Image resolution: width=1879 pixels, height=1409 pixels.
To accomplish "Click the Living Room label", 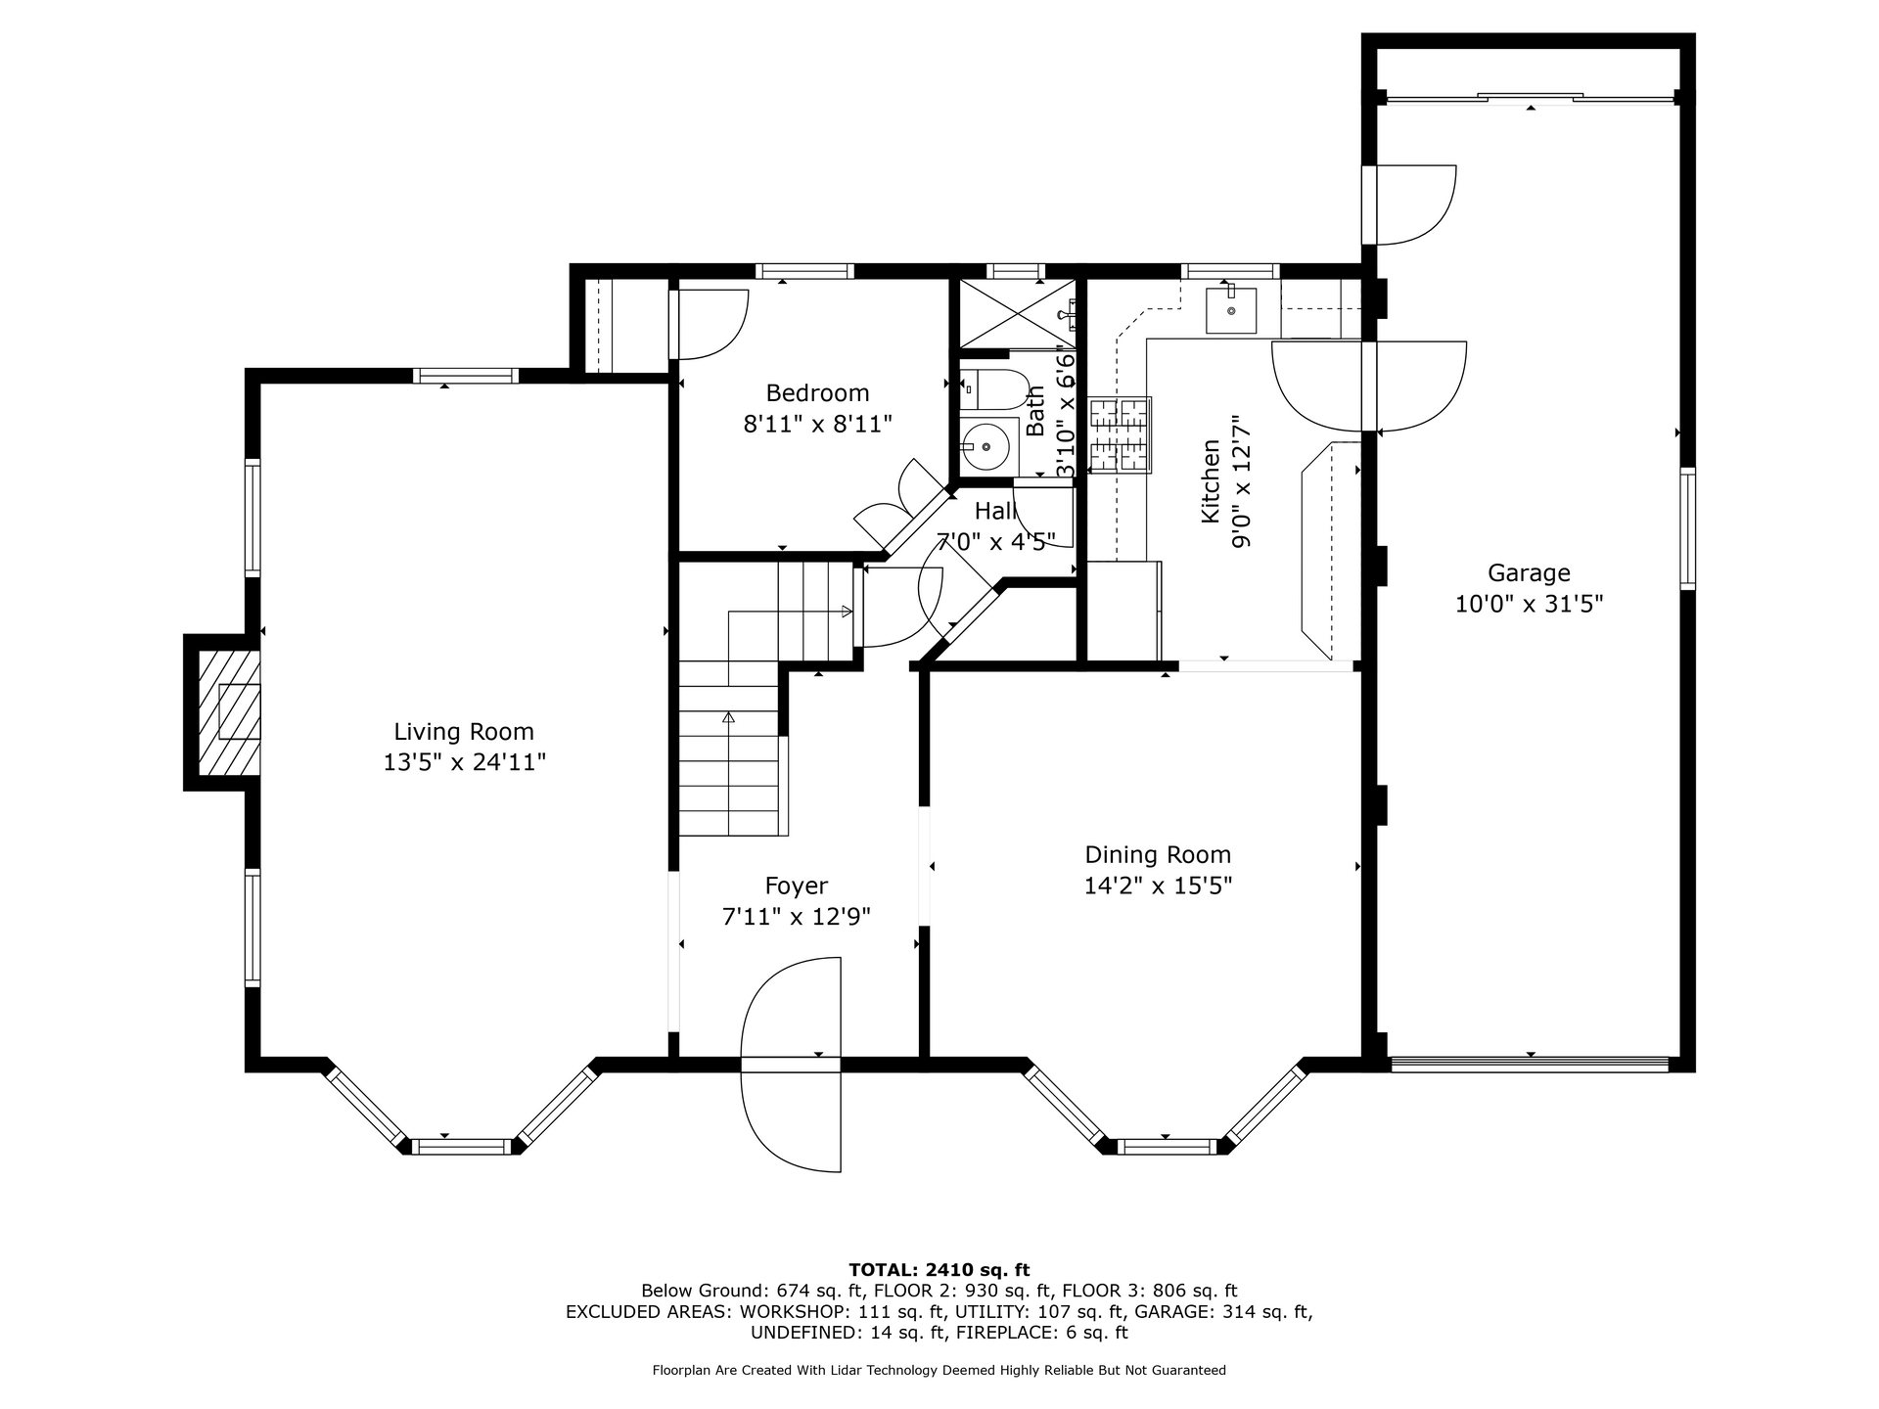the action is click(464, 732).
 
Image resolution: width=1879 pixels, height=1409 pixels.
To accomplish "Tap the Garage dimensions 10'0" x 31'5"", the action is click(1529, 604).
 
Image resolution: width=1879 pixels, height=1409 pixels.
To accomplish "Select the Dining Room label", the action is click(1158, 855).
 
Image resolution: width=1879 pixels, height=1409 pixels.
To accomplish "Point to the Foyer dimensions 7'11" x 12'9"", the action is click(796, 917).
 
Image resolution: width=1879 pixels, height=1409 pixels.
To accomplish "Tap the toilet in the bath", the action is click(992, 389).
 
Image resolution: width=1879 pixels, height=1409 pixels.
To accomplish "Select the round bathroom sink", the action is click(988, 447).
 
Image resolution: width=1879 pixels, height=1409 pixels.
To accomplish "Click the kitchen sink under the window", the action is click(1231, 310).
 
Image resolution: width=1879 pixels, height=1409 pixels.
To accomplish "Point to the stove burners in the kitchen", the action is click(1121, 435).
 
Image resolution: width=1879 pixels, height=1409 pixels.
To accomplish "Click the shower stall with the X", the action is click(1015, 313).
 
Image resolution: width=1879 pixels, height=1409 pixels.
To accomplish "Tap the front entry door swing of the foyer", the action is click(792, 1065).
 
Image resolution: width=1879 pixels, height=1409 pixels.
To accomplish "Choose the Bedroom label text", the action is click(817, 393).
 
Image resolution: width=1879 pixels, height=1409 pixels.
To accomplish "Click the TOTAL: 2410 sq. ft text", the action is click(939, 1270).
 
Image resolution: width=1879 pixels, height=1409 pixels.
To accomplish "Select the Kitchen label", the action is click(1211, 480).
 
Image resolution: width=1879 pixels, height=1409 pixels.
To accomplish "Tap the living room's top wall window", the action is click(465, 375).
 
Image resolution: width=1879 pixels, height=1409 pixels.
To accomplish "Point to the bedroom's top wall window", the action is click(804, 271).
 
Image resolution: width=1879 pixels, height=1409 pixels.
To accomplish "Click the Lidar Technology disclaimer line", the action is click(939, 1370).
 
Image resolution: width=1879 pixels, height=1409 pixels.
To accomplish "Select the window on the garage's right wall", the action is click(1687, 529).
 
